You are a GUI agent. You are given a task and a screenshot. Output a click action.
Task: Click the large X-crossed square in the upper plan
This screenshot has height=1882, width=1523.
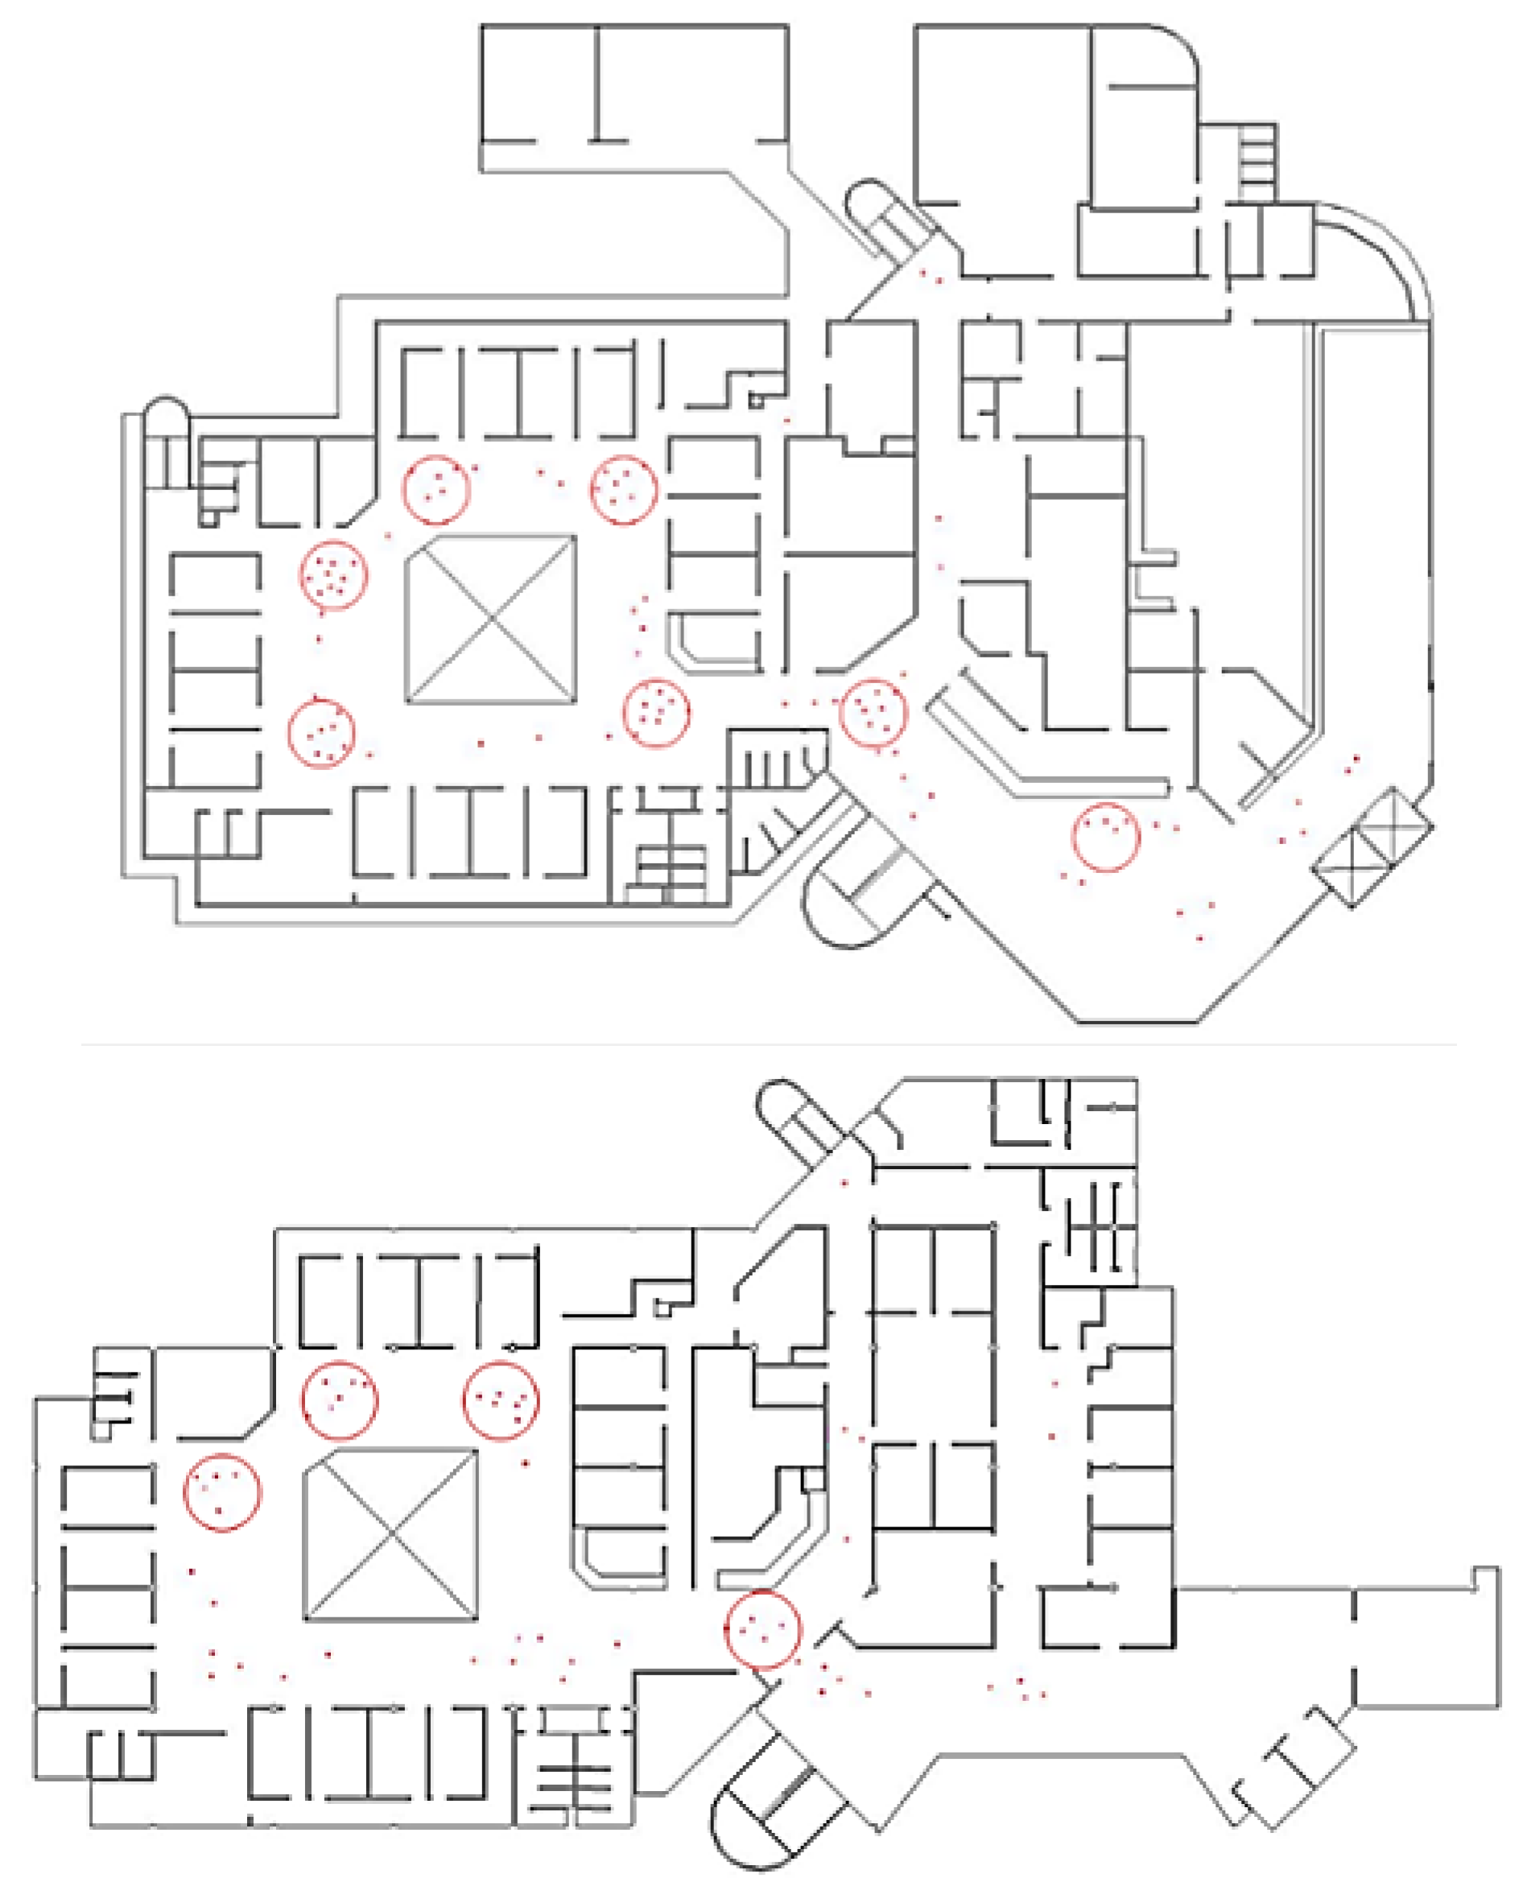[491, 619]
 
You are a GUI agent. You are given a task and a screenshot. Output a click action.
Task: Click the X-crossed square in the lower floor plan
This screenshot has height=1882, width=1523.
[390, 1534]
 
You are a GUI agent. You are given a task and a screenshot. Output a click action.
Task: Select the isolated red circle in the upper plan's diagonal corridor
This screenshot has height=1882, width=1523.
[1106, 837]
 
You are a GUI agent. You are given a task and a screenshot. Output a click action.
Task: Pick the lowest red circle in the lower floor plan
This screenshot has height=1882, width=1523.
[762, 1629]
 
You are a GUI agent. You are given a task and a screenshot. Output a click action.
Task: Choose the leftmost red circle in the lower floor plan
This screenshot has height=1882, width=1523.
[222, 1493]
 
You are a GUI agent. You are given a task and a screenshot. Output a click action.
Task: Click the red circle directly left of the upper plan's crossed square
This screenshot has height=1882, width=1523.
[332, 575]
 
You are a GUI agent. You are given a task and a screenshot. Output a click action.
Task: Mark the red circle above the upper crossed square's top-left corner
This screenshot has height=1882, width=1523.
[436, 490]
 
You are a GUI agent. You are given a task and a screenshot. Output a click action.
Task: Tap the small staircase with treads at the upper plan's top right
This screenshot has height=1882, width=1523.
[1257, 159]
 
